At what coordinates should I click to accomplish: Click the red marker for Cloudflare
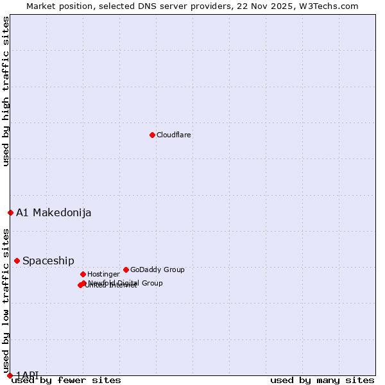(x=152, y=135)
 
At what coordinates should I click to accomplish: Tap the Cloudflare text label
(x=174, y=135)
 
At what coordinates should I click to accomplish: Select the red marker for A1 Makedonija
(x=10, y=212)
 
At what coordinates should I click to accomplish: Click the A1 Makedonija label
(x=53, y=213)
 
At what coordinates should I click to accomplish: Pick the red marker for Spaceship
(x=17, y=261)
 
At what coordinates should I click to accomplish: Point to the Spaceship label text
(x=48, y=261)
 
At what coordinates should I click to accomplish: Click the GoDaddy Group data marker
(x=126, y=269)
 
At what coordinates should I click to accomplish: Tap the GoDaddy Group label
(x=157, y=270)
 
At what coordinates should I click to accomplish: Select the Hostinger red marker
(x=83, y=274)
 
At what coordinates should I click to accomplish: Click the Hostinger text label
(x=103, y=275)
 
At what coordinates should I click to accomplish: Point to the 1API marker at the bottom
(x=10, y=375)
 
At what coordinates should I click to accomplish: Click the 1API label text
(x=27, y=375)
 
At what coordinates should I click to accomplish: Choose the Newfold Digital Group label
(x=126, y=283)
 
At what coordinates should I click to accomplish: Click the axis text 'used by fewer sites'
(x=66, y=381)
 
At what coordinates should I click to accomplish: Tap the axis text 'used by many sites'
(x=322, y=381)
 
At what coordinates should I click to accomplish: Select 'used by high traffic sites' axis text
(x=6, y=91)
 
